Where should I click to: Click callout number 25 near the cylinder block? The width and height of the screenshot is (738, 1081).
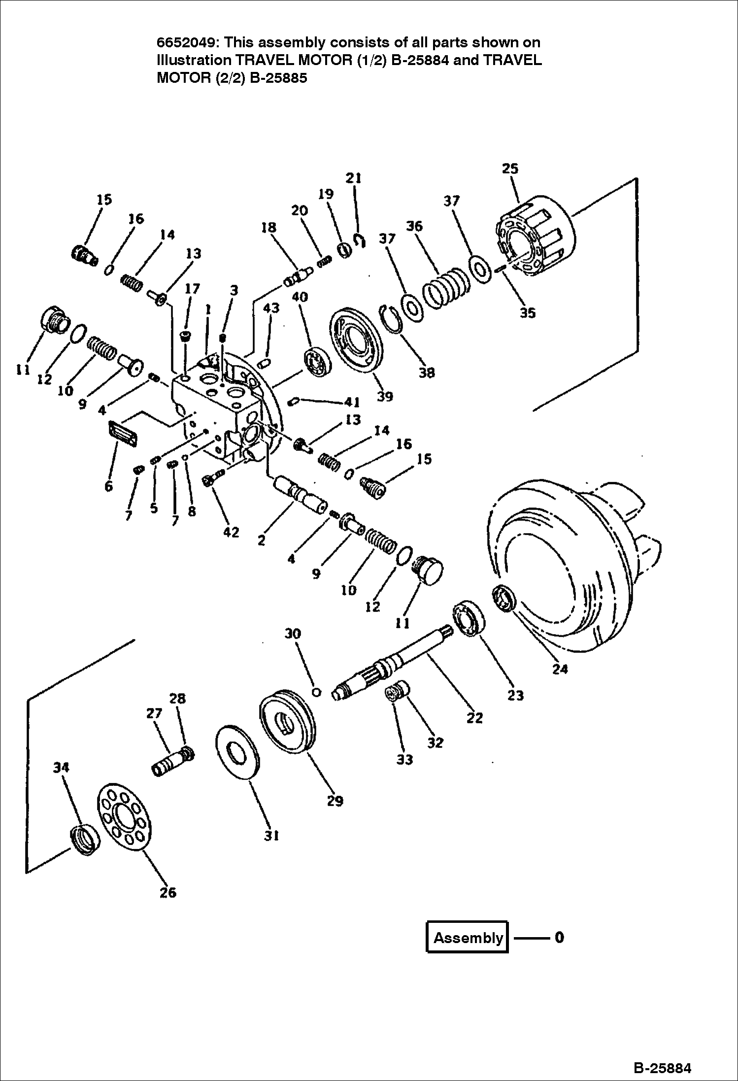coord(510,169)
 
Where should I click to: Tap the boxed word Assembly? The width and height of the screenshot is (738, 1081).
coord(467,937)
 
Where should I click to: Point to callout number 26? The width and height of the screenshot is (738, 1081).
coord(168,892)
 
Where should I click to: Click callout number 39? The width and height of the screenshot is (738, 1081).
coord(385,396)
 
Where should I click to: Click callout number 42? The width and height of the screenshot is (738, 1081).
coord(231,532)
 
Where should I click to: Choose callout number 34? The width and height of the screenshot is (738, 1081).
coord(61,767)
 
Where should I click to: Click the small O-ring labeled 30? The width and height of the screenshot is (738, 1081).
coord(317,692)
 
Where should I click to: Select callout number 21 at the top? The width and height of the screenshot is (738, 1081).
coord(353,178)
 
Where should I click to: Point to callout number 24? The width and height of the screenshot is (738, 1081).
coord(560,669)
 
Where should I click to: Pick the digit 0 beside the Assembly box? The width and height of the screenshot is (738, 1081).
coord(559,937)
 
